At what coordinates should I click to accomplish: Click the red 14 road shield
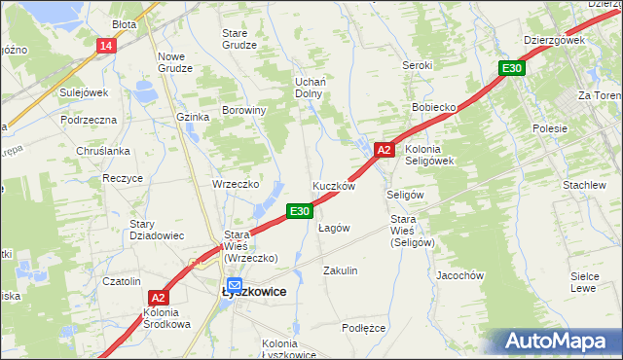106,46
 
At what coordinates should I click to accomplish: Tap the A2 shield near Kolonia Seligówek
384,150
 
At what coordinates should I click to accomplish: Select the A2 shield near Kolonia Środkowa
160,298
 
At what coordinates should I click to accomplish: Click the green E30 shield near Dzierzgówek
512,68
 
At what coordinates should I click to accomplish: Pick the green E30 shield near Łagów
299,210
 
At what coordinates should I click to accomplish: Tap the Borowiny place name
244,111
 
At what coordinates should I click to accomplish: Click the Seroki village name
417,65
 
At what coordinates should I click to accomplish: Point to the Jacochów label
460,275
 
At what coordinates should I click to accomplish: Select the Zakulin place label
341,270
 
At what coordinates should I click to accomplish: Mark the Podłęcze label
364,328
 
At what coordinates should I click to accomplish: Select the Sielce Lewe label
583,283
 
